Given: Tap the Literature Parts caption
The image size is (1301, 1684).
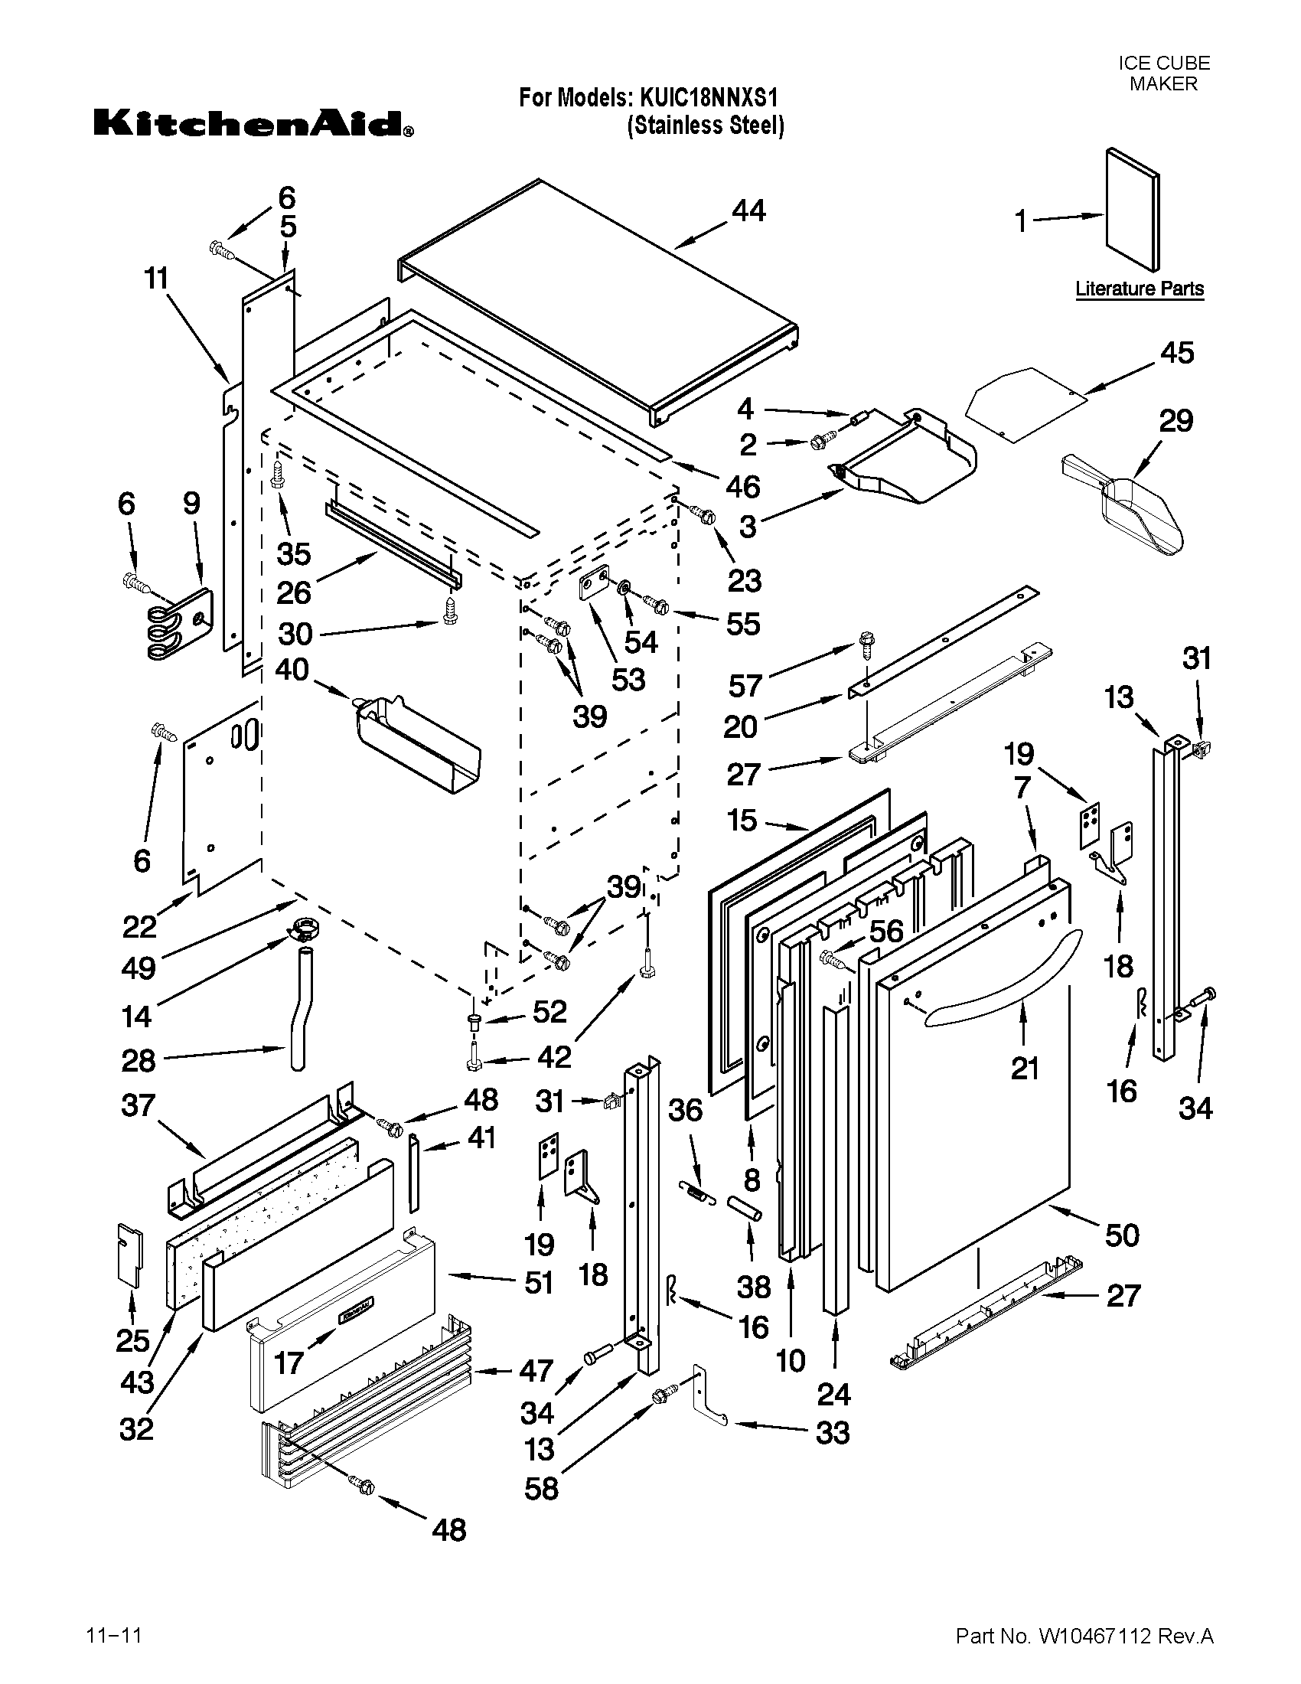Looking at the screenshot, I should [1140, 289].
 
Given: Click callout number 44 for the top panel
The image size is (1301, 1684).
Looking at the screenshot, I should [748, 210].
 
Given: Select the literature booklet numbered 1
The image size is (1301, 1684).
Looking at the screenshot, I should [1132, 210].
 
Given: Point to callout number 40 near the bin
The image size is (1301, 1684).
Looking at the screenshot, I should [292, 668].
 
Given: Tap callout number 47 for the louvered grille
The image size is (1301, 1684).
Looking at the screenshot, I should [536, 1370].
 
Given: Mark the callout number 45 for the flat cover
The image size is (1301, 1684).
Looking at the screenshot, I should [1177, 352].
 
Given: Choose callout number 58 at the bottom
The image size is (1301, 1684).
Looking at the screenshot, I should [541, 1487].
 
